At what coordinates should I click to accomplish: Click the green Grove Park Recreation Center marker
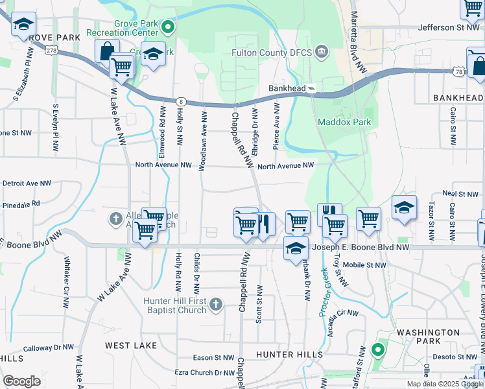pyautogui.click(x=168, y=27)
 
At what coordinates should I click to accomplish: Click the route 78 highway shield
pyautogui.click(x=458, y=72)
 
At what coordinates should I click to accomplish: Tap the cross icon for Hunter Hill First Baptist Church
pyautogui.click(x=216, y=304)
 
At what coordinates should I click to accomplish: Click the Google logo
pyautogui.click(x=21, y=381)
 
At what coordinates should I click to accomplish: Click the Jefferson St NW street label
pyautogui.click(x=448, y=27)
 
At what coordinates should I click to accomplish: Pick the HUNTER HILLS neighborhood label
pyautogui.click(x=289, y=355)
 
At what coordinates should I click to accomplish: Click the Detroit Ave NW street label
pyautogui.click(x=26, y=183)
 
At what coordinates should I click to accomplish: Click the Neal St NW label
pyautogui.click(x=460, y=194)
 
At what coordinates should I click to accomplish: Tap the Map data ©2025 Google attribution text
pyautogui.click(x=445, y=384)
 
